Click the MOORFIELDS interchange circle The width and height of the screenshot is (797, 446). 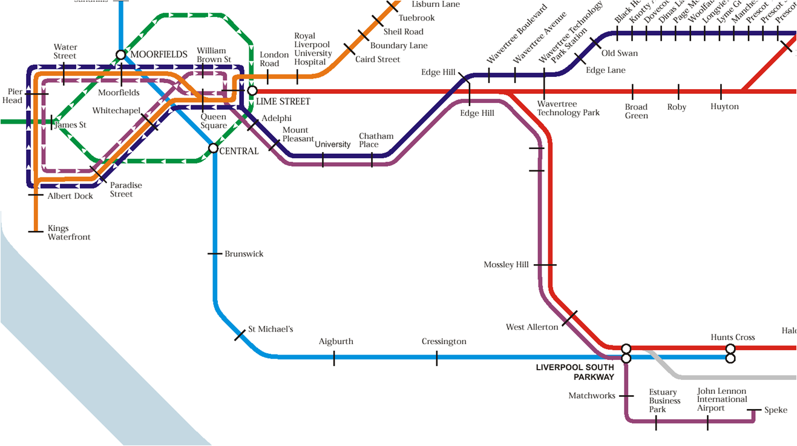[x=120, y=55]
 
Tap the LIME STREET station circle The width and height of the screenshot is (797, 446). [x=252, y=91]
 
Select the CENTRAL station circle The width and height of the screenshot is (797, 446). [x=213, y=148]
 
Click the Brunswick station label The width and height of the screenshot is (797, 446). [x=244, y=254]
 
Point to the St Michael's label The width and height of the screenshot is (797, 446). [x=271, y=329]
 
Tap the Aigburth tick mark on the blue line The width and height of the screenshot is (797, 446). [x=334, y=358]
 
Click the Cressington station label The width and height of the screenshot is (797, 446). [x=444, y=342]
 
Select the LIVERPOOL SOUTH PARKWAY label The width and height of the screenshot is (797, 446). [x=575, y=372]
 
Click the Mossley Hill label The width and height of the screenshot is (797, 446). [x=506, y=265]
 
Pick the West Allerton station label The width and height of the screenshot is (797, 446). [x=532, y=327]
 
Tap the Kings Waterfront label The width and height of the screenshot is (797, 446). [x=69, y=233]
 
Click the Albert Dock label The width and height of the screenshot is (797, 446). [x=70, y=196]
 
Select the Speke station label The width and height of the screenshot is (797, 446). [x=776, y=410]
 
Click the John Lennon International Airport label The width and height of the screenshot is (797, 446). [x=722, y=400]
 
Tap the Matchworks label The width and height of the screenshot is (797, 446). [x=592, y=396]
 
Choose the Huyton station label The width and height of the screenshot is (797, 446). [x=724, y=107]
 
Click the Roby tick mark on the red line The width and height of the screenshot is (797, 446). [x=678, y=92]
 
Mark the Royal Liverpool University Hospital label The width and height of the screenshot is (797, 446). [x=313, y=49]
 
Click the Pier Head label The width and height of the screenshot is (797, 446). [x=15, y=96]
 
